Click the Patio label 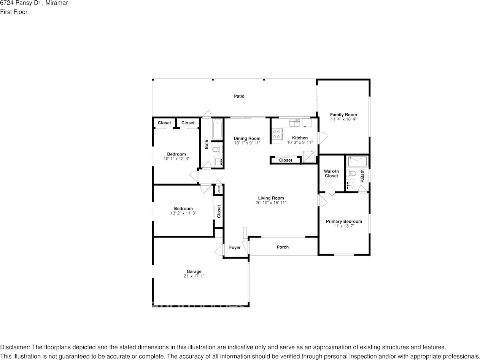pyautogui.click(x=239, y=96)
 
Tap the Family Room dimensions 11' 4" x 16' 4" pyautogui.click(x=343, y=119)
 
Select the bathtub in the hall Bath pyautogui.click(x=217, y=129)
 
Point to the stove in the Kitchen pyautogui.click(x=277, y=134)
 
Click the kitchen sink pyautogui.click(x=295, y=122)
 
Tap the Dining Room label pyautogui.click(x=247, y=138)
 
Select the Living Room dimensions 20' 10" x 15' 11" pyautogui.click(x=271, y=203)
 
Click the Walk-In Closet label pyautogui.click(x=331, y=173)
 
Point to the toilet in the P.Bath pyautogui.click(x=352, y=173)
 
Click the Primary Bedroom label pyautogui.click(x=344, y=221)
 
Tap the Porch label pyautogui.click(x=283, y=247)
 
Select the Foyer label pyautogui.click(x=235, y=247)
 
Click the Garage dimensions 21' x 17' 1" pyautogui.click(x=194, y=276)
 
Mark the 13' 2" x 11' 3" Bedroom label pyautogui.click(x=183, y=208)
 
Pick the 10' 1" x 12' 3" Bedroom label pyautogui.click(x=176, y=154)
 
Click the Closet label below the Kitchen pyautogui.click(x=286, y=160)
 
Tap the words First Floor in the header pyautogui.click(x=14, y=12)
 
